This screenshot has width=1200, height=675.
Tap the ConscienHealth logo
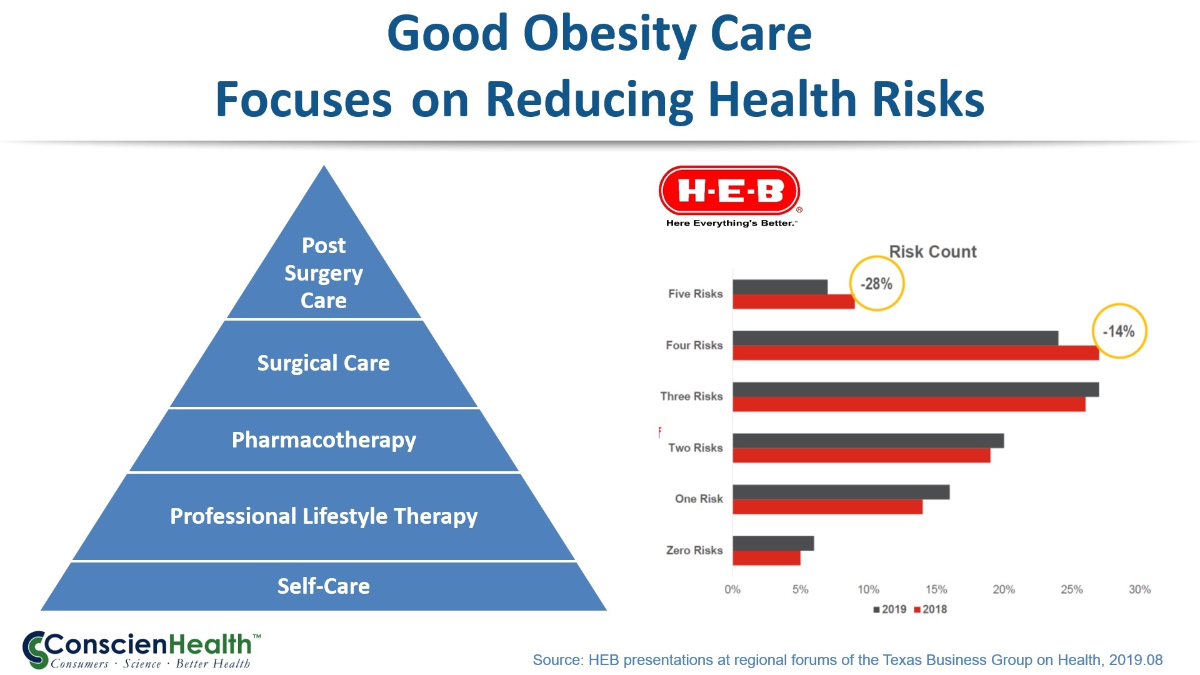(x=141, y=650)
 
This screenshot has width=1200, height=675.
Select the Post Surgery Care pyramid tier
(x=324, y=273)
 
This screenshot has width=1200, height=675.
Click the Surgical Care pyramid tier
(x=324, y=363)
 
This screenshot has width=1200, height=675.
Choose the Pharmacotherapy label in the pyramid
(x=324, y=440)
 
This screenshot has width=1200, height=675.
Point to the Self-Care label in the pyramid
(x=324, y=586)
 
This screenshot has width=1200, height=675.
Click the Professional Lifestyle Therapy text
(x=324, y=516)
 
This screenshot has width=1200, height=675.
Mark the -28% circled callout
(x=876, y=284)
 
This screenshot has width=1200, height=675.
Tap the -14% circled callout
(x=1119, y=331)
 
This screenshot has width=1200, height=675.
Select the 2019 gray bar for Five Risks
(x=780, y=287)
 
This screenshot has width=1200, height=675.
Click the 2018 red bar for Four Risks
(x=916, y=353)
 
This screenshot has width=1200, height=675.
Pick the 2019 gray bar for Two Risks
(x=868, y=441)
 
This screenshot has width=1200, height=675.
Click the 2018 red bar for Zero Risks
(x=766, y=558)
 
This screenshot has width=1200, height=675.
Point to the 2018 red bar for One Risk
(x=827, y=507)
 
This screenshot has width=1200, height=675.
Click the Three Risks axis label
(x=691, y=396)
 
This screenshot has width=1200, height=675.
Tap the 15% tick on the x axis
(x=936, y=589)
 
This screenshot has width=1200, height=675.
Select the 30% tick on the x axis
(x=1139, y=589)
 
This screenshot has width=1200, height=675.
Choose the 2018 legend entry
(x=931, y=609)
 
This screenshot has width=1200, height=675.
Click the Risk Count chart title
(x=932, y=252)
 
